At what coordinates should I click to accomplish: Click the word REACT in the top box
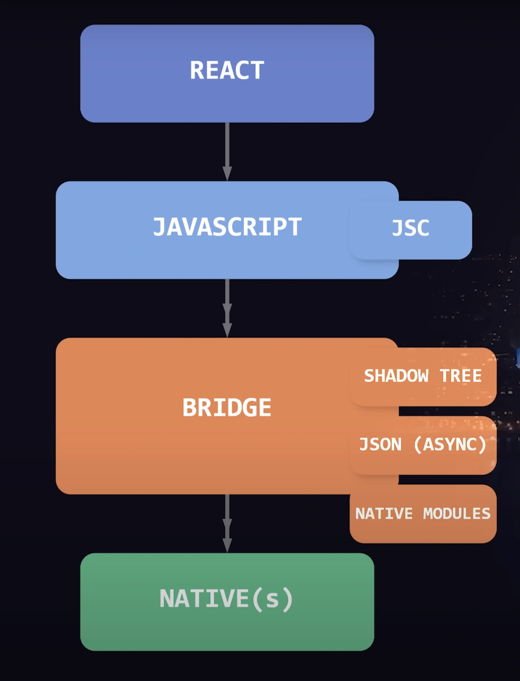point(227,70)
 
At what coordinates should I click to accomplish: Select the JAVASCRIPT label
point(227,227)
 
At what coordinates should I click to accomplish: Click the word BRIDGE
point(227,408)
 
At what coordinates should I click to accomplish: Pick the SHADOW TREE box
point(423,376)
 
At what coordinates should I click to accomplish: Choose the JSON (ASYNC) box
point(423,445)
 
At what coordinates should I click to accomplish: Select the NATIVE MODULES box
point(423,514)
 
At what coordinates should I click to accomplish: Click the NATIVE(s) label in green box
point(226,599)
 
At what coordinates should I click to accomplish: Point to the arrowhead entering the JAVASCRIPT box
point(227,173)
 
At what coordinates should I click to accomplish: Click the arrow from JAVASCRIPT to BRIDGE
point(227,308)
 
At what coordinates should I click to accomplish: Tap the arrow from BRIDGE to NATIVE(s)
point(227,524)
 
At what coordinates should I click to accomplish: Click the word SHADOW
point(396,376)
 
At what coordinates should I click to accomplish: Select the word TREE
point(461,376)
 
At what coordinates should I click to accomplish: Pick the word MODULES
point(457,514)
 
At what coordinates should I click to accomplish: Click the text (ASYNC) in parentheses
point(450,445)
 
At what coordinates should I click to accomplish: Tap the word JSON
point(380,445)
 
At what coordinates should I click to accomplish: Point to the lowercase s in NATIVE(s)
point(272,599)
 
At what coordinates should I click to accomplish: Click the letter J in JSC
point(397,228)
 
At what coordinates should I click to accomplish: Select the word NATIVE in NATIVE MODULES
point(384,514)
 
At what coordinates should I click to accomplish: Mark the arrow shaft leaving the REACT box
point(227,145)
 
